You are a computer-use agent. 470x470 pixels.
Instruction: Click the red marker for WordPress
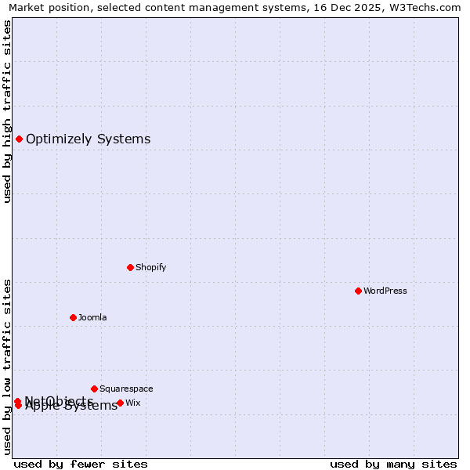tap(358, 291)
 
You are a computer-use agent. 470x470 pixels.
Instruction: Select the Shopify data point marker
tap(130, 267)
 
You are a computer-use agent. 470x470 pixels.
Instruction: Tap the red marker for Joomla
tap(73, 317)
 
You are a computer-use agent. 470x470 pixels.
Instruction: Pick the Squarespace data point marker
tap(94, 389)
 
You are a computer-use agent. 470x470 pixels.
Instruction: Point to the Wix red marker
tap(120, 403)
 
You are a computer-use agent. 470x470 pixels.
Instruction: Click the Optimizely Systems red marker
tap(19, 139)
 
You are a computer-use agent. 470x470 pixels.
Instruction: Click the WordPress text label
tap(385, 291)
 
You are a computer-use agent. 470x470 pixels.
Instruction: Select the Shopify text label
tap(151, 267)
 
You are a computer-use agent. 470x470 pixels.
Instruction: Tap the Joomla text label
tap(92, 317)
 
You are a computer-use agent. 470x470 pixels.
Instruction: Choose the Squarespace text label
tap(126, 389)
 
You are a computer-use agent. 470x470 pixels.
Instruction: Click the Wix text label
tap(133, 403)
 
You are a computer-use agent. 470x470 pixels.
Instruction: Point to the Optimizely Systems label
tap(88, 139)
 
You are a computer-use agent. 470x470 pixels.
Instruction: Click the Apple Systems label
tap(71, 406)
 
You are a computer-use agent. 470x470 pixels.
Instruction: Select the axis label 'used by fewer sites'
tap(81, 465)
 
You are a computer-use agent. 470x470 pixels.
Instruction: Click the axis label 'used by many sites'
tap(393, 465)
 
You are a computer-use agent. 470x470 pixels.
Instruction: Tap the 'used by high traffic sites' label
tap(8, 111)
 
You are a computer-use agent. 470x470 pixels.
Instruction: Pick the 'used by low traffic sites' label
tap(8, 367)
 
